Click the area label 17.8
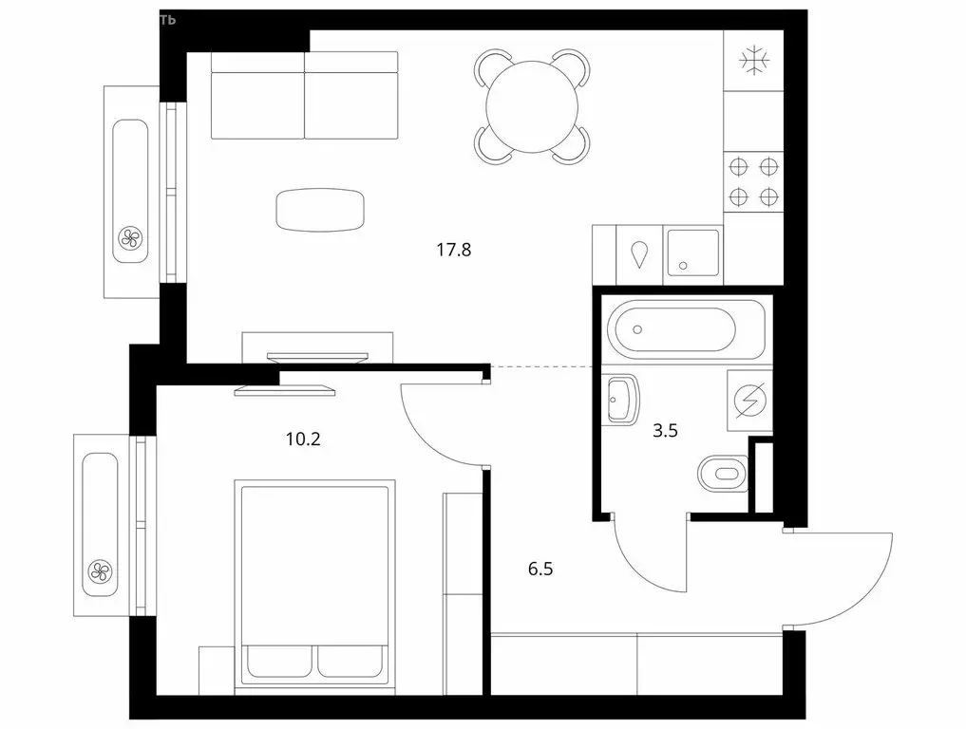point(454,251)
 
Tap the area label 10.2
point(302,439)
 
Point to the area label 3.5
point(666,430)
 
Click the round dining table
point(532,105)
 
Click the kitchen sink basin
point(692,252)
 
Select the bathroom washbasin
point(621,400)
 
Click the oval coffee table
point(320,209)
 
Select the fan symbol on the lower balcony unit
point(99,570)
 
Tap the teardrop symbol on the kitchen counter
point(640,252)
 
